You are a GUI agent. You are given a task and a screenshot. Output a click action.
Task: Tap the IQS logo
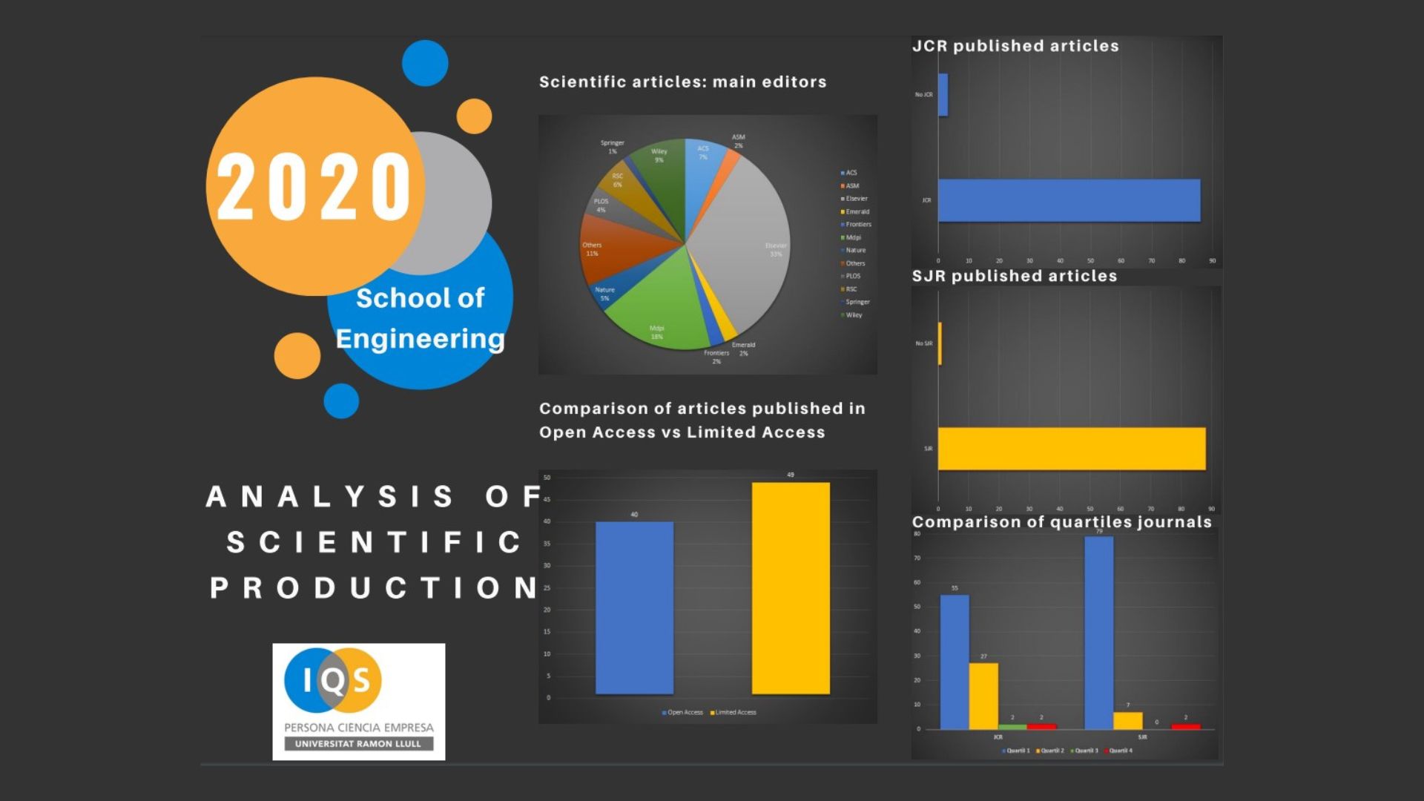[x=358, y=701]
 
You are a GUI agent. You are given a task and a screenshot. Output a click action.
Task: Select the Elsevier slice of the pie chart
[x=749, y=237]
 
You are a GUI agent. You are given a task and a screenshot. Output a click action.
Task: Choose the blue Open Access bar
[x=634, y=608]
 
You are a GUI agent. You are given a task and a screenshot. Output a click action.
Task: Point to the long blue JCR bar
[x=1069, y=200]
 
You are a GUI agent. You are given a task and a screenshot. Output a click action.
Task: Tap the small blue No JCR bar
[x=943, y=94]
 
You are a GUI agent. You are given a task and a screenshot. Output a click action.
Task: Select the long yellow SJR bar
[x=1072, y=449]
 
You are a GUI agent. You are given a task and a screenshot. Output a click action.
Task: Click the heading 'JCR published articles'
[x=1015, y=46]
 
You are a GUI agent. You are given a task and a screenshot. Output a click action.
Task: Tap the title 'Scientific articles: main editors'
[x=682, y=82]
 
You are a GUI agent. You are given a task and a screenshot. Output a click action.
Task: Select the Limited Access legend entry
[x=734, y=713]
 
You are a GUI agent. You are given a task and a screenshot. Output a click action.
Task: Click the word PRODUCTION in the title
[x=375, y=588]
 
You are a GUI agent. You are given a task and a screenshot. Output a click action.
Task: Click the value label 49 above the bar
[x=791, y=475]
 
